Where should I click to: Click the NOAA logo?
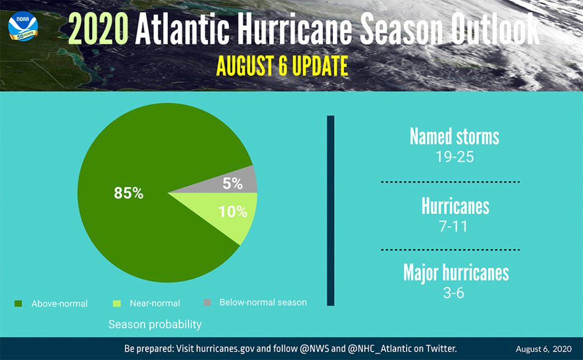pyautogui.click(x=23, y=26)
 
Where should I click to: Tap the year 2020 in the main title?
pyautogui.click(x=98, y=29)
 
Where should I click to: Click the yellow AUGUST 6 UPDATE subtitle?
pyautogui.click(x=282, y=66)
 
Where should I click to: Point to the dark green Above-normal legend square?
pyautogui.click(x=18, y=304)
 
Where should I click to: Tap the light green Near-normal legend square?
pyautogui.click(x=117, y=304)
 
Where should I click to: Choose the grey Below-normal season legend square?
pyautogui.click(x=207, y=302)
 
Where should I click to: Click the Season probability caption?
pyautogui.click(x=155, y=324)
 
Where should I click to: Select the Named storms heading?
pyautogui.click(x=454, y=137)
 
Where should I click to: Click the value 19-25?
pyautogui.click(x=455, y=157)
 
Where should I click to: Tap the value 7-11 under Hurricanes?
pyautogui.click(x=453, y=226)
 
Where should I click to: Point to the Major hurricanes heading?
pyautogui.click(x=456, y=273)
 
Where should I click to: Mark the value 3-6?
pyautogui.click(x=454, y=293)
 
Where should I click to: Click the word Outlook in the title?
pyautogui.click(x=496, y=29)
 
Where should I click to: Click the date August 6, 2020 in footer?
pyautogui.click(x=544, y=349)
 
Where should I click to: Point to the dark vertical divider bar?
pyautogui.click(x=331, y=211)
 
